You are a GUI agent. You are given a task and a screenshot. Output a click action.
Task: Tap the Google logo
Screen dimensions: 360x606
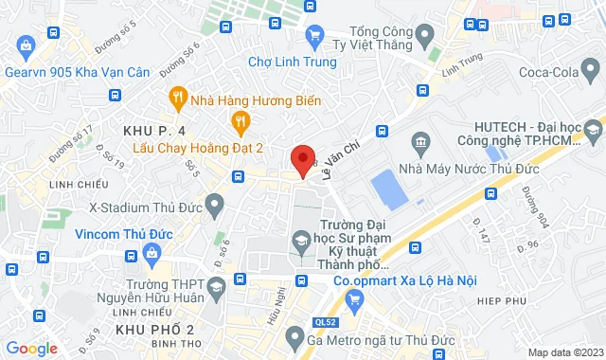[30, 349]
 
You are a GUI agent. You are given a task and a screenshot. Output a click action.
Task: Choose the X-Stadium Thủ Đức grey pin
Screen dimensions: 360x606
[215, 203]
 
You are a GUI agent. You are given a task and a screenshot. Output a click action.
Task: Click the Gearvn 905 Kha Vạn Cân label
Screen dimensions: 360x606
[71, 72]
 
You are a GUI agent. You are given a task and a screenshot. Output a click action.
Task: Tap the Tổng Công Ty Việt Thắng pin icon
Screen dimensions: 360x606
[425, 35]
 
